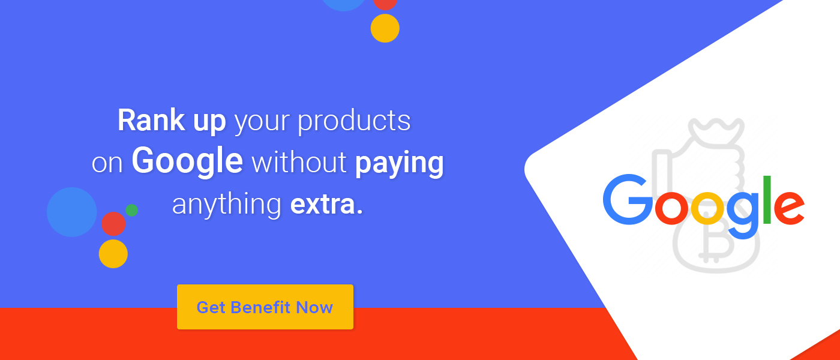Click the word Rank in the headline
pos(151,120)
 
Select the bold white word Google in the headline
pos(187,162)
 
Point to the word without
pos(299,162)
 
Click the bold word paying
pos(400,164)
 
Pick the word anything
pos(227,205)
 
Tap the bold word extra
pos(326,205)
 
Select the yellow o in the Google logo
pos(707,208)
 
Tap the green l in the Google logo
pos(767,199)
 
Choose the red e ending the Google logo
pos(789,208)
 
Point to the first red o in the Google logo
pos(671,208)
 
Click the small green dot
pos(131,210)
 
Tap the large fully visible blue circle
pos(71,212)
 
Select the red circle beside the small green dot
pos(113,224)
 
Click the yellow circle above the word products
pos(385,28)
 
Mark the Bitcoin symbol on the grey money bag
pos(715,240)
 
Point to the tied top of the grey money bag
pos(716,130)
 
